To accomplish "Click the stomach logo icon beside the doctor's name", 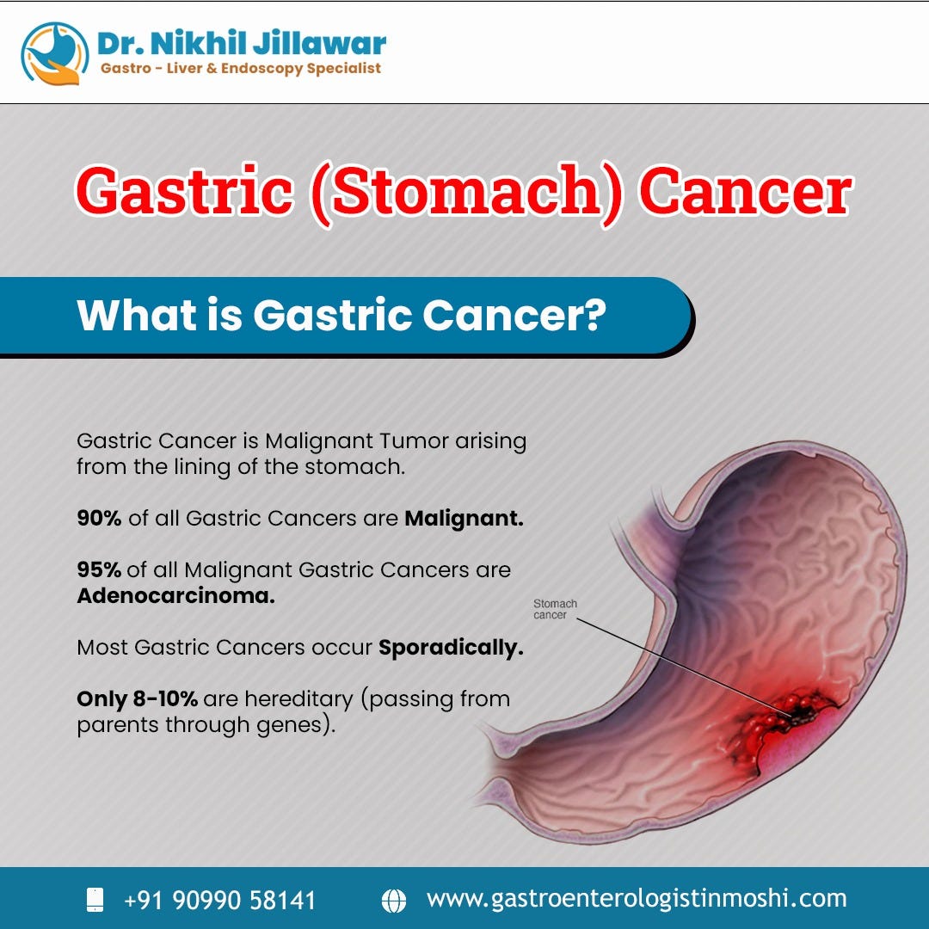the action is pos(54,54).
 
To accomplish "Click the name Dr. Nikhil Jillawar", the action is pos(241,43).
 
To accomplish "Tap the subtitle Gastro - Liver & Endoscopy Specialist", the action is pos(241,69).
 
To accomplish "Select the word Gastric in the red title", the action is pos(184,191).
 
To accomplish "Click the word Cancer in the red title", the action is pos(746,191).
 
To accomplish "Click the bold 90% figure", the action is pos(99,518).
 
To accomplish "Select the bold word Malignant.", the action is pos(464,519).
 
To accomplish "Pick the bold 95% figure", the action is pos(99,569).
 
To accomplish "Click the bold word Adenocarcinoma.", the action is pos(176,595).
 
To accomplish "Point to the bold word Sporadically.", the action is pos(451,648).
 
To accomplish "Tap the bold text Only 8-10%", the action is pos(137,699).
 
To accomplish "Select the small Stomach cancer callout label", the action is pos(555,609).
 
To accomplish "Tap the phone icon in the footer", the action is pos(95,900).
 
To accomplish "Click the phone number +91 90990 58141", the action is pos(220,900).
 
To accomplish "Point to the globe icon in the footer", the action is pos(394,901).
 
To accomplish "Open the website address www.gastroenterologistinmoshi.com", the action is pos(637,899).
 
